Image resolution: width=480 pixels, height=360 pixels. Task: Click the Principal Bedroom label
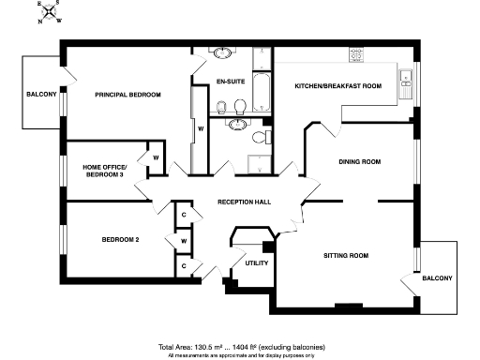click(x=127, y=95)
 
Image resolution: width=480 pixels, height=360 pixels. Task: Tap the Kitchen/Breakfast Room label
click(x=337, y=86)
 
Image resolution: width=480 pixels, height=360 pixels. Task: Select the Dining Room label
click(x=359, y=162)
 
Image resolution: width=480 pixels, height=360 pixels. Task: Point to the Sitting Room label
click(x=345, y=255)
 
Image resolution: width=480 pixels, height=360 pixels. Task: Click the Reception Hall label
click(x=244, y=202)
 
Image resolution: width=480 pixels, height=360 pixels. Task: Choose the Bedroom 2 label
click(x=120, y=240)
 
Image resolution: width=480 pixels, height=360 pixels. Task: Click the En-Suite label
click(x=231, y=82)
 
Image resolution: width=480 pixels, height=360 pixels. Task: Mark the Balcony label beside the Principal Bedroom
click(x=41, y=95)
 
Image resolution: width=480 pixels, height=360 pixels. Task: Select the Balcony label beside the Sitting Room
click(x=437, y=278)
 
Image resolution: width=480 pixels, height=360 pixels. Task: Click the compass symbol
click(x=52, y=12)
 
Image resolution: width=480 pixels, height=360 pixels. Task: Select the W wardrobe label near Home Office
click(x=156, y=157)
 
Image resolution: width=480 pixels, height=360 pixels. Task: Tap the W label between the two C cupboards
click(x=184, y=241)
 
